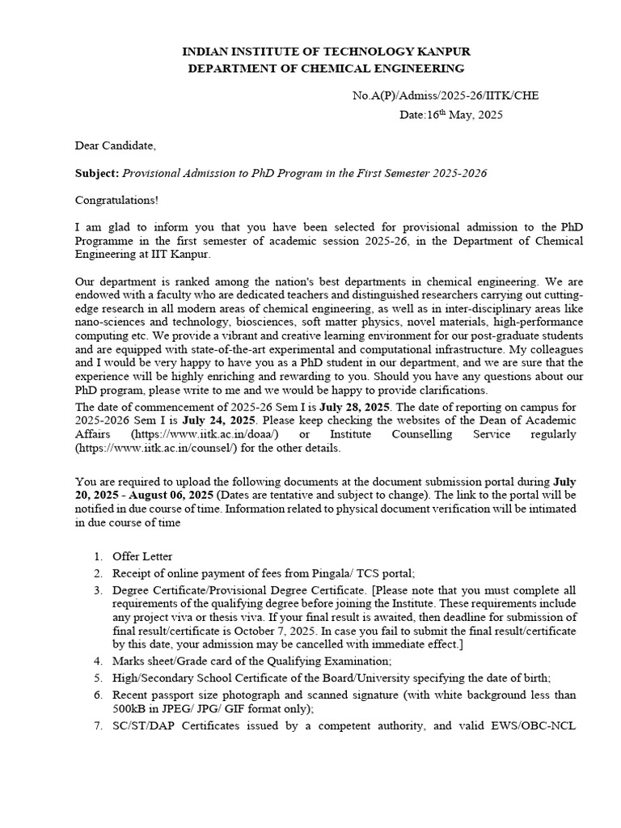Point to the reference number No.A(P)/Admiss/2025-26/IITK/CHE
[x=445, y=95]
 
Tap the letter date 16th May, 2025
[x=451, y=115]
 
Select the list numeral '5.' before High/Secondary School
[x=97, y=678]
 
